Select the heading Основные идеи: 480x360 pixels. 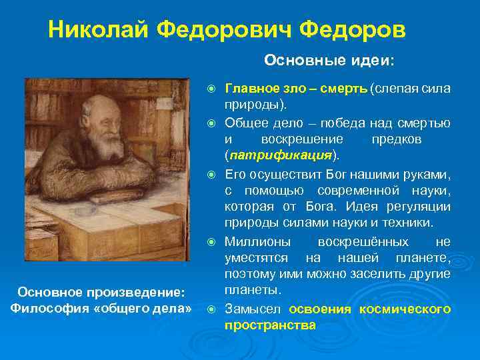point(329,61)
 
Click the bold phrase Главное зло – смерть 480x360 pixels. point(297,89)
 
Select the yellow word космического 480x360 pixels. point(405,309)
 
